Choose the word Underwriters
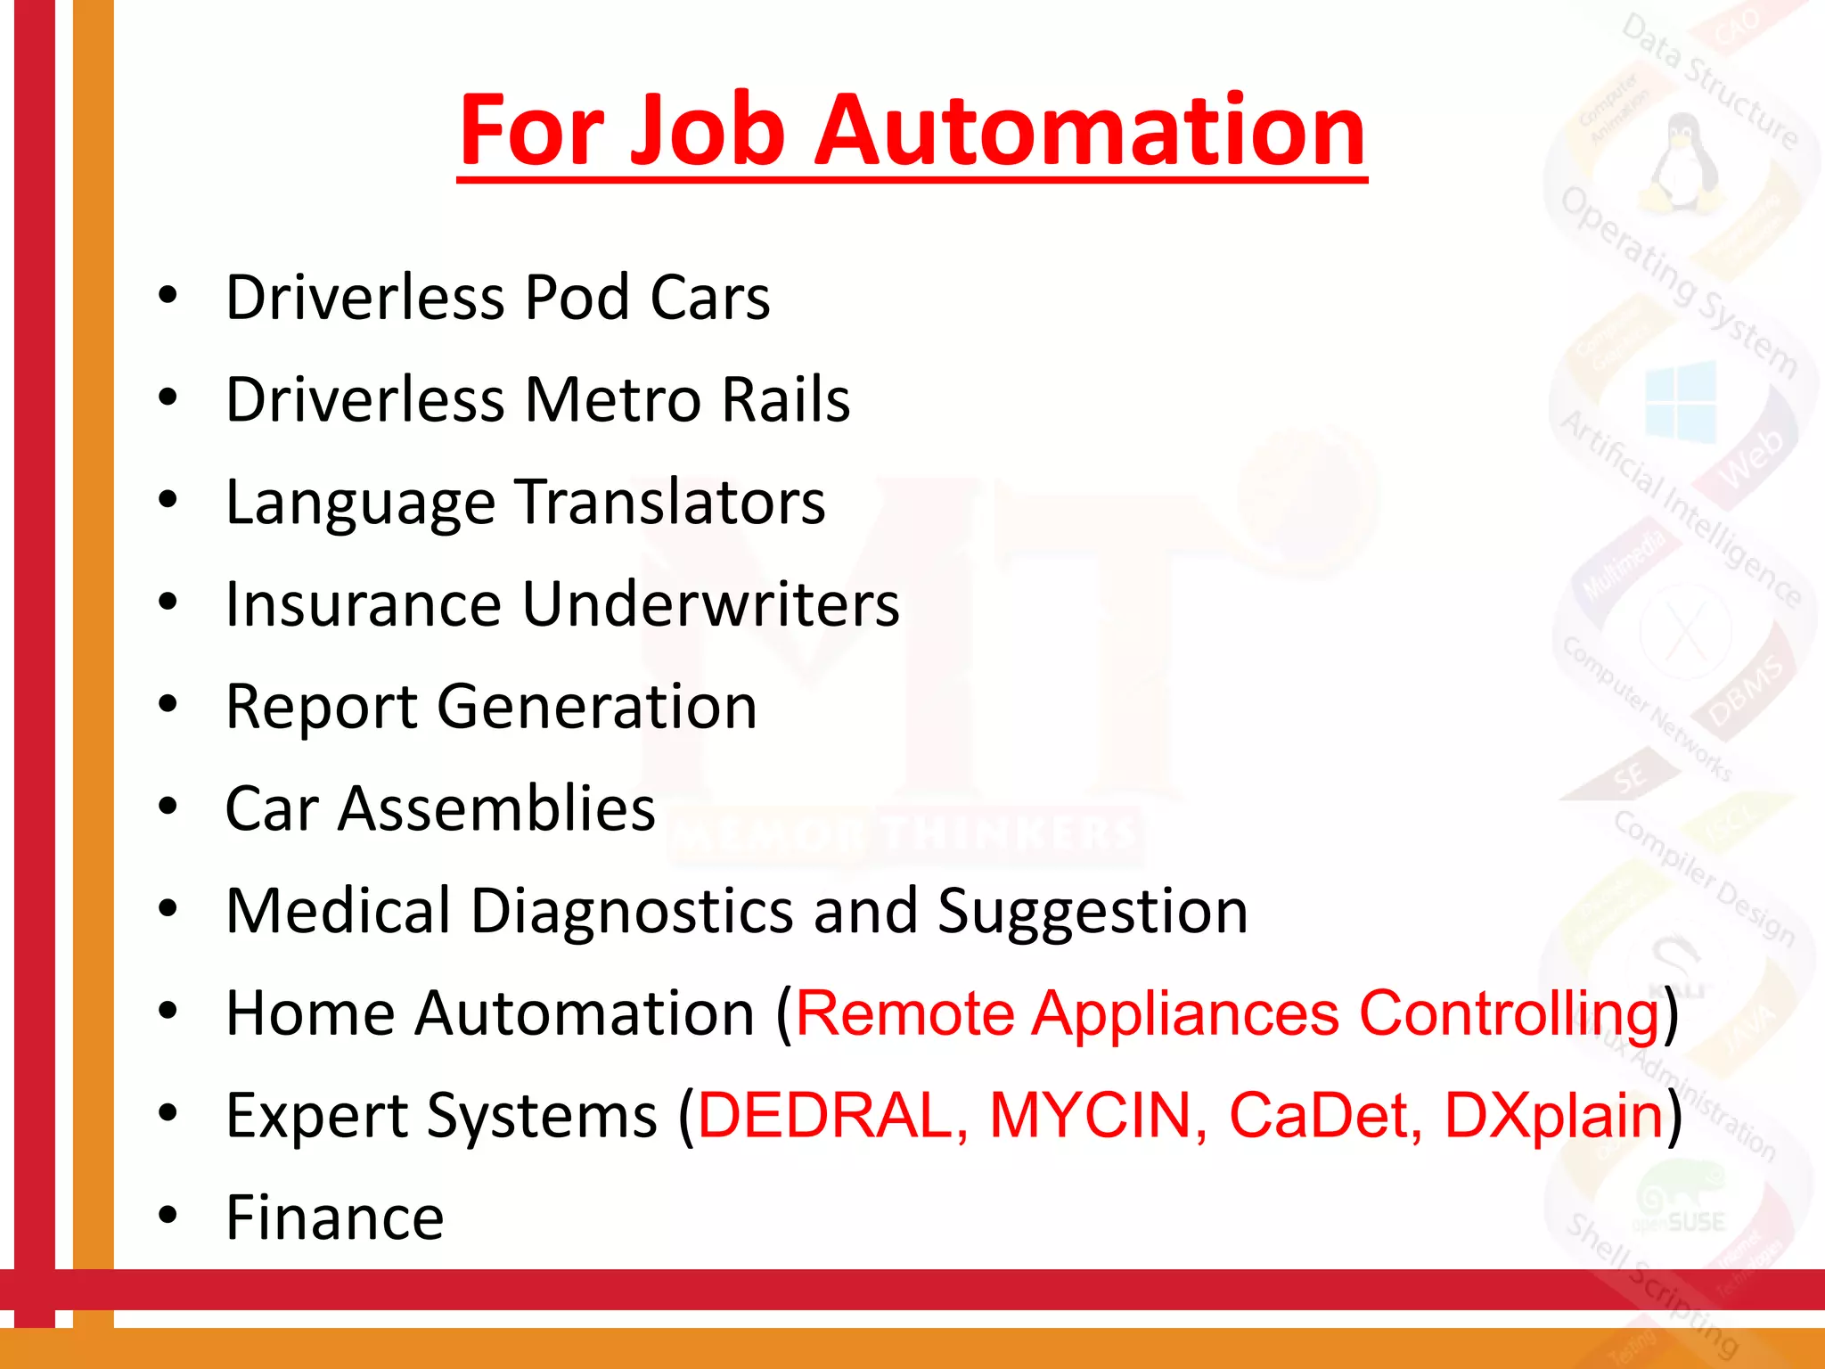point(710,604)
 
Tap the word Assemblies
point(496,808)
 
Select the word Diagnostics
point(632,911)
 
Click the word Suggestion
point(1093,913)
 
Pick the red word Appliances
point(1185,1014)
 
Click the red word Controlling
point(1509,1014)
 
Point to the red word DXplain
point(1553,1117)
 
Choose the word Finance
point(335,1217)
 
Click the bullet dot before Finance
point(168,1215)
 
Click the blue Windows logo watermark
point(1681,403)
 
